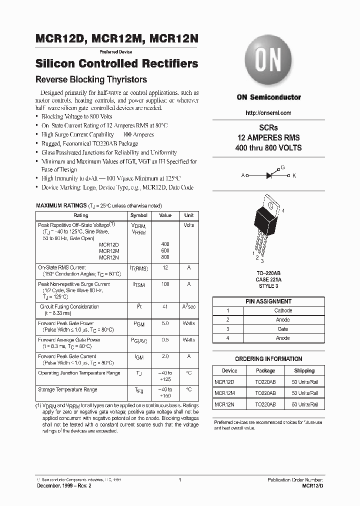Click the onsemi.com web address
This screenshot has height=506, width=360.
(268, 113)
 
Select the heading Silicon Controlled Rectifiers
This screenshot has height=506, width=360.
(117, 64)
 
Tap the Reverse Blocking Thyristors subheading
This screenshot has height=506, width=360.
(91, 79)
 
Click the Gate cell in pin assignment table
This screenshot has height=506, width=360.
(282, 329)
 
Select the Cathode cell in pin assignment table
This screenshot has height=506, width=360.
(282, 310)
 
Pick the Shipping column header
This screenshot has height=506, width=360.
(304, 370)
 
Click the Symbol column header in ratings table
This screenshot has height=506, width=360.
(138, 215)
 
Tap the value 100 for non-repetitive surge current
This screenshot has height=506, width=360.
(165, 284)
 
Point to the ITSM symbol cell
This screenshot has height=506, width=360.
(138, 284)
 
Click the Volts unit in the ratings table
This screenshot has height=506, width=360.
(188, 225)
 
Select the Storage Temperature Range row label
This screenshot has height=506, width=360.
(67, 389)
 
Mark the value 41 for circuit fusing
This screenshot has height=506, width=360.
(165, 307)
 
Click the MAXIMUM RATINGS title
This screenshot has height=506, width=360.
(61, 205)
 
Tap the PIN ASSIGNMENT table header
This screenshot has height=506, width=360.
(268, 301)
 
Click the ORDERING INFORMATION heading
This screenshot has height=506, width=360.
(268, 359)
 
